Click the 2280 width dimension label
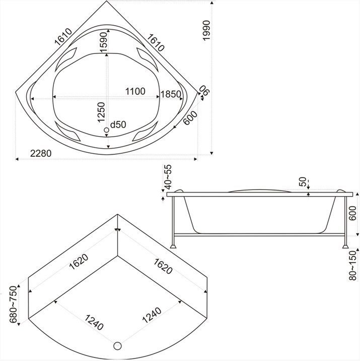pos(41,153)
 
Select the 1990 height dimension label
pos(206,30)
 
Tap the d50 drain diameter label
pos(118,125)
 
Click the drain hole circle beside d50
pos(106,130)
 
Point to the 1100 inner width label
pos(135,91)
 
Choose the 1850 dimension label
pos(171,94)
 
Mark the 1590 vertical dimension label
pos(103,42)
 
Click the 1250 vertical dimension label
pos(101,112)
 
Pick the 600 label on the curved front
pos(191,118)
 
